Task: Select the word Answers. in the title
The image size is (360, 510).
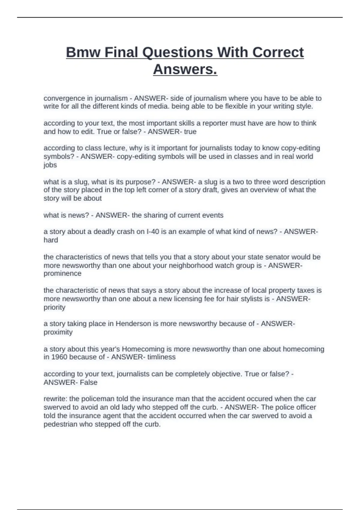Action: (x=185, y=70)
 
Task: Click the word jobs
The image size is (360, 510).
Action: (x=50, y=165)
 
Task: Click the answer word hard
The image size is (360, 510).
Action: (x=51, y=240)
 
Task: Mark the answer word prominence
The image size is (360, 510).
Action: (x=62, y=274)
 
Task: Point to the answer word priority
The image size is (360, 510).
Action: (x=54, y=307)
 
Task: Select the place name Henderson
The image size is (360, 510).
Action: (x=133, y=324)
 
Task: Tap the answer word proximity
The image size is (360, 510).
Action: (x=58, y=332)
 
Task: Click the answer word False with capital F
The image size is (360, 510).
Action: (x=88, y=382)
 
